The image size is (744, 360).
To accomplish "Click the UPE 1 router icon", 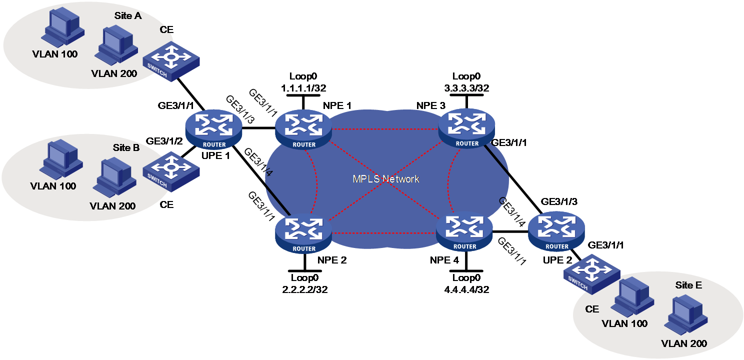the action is [x=213, y=130].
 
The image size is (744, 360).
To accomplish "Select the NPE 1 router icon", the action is [x=303, y=130].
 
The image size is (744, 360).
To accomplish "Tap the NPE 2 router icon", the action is [x=303, y=234].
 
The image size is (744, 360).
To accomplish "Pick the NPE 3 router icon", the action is [x=466, y=129].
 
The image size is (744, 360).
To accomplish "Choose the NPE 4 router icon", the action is [x=464, y=233].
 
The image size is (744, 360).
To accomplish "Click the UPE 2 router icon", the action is [x=556, y=233].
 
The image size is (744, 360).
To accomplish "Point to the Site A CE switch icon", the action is [x=171, y=61].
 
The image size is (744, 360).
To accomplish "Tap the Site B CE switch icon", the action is [x=171, y=171].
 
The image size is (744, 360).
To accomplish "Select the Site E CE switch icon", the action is [x=592, y=274].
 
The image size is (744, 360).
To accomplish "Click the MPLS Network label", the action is [x=385, y=179].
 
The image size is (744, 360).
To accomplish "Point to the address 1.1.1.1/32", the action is [x=303, y=88].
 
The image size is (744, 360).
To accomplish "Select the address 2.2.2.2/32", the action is [x=305, y=289].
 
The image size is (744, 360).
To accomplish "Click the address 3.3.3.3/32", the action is [x=466, y=88].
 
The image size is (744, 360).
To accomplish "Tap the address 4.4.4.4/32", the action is [x=466, y=289].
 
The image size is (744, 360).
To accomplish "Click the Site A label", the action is [x=128, y=15].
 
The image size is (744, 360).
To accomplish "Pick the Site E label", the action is [x=688, y=285].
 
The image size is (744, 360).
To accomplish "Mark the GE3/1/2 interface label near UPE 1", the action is [x=164, y=141].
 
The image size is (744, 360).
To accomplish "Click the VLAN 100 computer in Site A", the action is [x=63, y=28].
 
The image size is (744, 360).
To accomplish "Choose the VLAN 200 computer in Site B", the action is [x=114, y=177].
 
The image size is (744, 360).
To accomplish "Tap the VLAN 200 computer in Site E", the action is [x=686, y=315].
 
